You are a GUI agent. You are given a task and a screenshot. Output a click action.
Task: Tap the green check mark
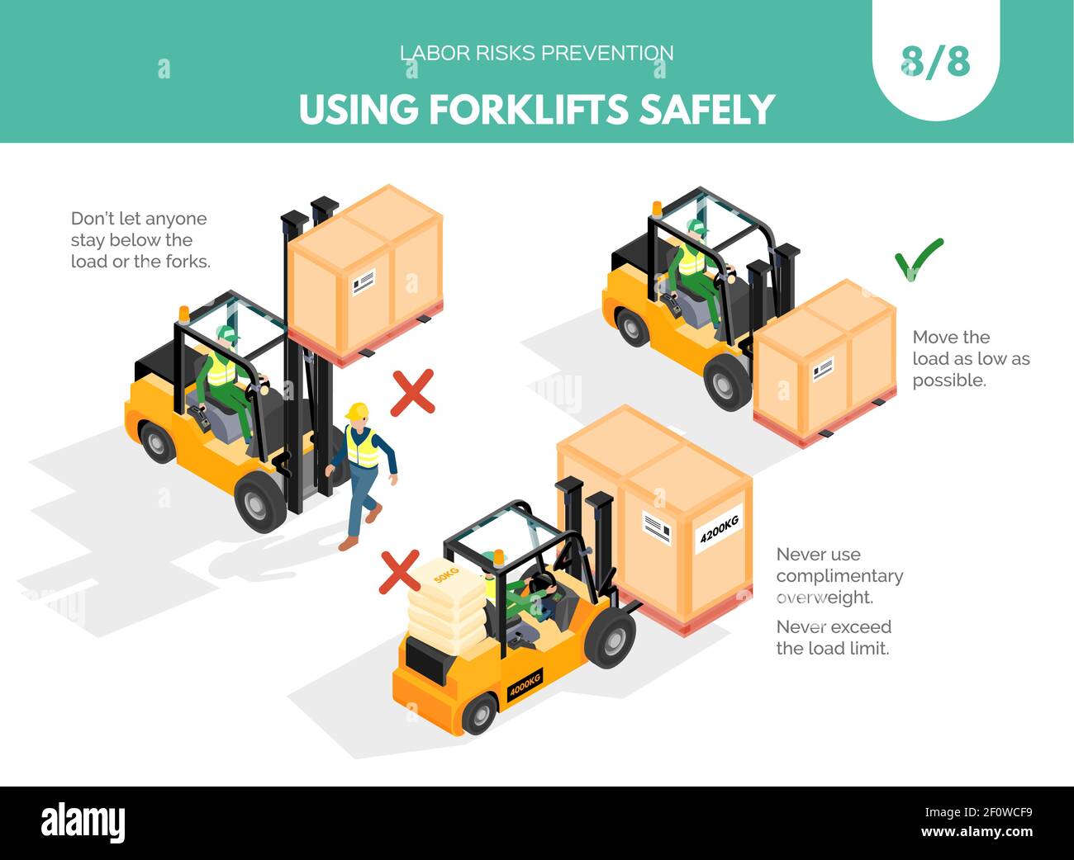click(918, 259)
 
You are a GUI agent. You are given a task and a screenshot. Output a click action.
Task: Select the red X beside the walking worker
click(412, 393)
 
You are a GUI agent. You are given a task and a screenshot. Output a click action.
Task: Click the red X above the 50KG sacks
click(399, 572)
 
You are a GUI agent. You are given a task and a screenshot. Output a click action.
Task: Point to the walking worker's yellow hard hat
click(358, 410)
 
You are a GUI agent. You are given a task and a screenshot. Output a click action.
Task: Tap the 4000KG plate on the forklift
click(525, 685)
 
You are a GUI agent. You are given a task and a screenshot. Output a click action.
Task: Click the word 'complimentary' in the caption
click(839, 576)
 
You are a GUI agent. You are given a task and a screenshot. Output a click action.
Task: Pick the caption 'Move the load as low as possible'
click(970, 358)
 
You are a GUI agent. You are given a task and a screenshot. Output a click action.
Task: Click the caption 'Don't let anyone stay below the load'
click(140, 240)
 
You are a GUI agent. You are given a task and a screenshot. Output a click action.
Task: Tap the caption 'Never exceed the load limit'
click(833, 637)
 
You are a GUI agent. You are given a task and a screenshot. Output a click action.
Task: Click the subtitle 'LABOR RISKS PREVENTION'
click(536, 53)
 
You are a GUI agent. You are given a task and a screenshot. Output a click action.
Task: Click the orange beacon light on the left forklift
click(184, 314)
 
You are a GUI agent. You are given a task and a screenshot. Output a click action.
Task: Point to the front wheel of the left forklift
click(259, 503)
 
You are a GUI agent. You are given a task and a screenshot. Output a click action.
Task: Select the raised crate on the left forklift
click(364, 272)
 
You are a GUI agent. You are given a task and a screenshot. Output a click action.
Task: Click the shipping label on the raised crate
click(363, 281)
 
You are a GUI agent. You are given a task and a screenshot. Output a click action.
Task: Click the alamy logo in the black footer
click(83, 823)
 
